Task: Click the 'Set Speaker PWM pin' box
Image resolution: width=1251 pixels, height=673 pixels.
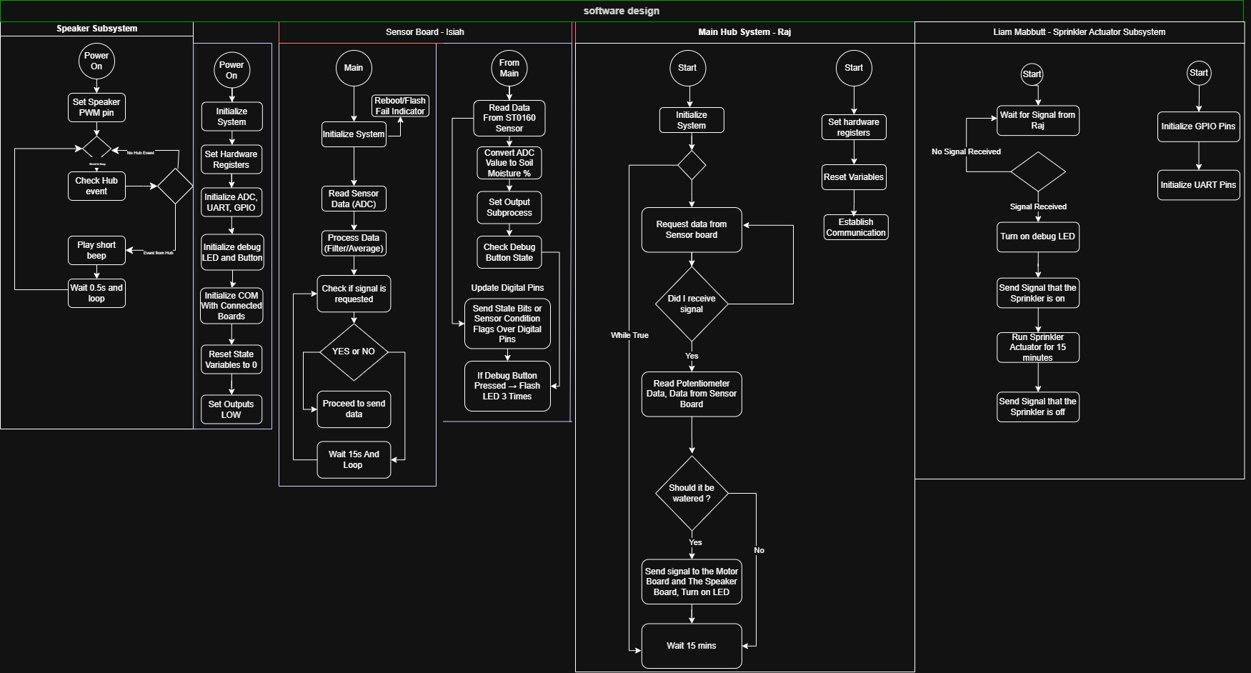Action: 96,107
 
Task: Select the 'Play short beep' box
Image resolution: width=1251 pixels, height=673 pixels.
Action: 96,250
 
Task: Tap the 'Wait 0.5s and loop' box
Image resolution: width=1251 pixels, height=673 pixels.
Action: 96,293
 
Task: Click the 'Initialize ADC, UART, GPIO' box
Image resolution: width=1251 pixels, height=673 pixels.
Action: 231,202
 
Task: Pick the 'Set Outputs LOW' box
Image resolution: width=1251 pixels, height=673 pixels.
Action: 231,409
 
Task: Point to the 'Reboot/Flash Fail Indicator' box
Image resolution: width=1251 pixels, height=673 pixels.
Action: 400,106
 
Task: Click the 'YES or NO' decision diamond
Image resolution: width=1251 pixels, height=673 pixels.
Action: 354,352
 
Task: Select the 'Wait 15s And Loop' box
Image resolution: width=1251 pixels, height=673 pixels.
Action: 354,459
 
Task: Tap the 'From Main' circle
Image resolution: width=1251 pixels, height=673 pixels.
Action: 509,68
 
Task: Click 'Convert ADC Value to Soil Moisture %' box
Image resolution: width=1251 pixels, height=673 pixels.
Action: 509,163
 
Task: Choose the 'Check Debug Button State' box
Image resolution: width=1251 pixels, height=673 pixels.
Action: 509,252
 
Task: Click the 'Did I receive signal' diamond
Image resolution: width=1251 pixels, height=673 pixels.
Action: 691,304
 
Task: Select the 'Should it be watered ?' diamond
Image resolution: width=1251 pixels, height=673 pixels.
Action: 691,493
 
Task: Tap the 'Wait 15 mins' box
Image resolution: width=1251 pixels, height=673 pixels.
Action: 691,646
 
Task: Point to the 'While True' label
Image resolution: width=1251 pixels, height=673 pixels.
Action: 629,335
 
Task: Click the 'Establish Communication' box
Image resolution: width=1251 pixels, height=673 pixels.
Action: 855,227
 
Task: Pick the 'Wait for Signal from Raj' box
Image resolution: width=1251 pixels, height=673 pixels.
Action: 1037,120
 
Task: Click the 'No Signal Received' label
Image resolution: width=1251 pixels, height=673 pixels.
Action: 966,151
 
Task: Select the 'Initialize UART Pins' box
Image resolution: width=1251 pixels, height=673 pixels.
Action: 1198,185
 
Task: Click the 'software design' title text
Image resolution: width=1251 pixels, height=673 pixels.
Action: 622,11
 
